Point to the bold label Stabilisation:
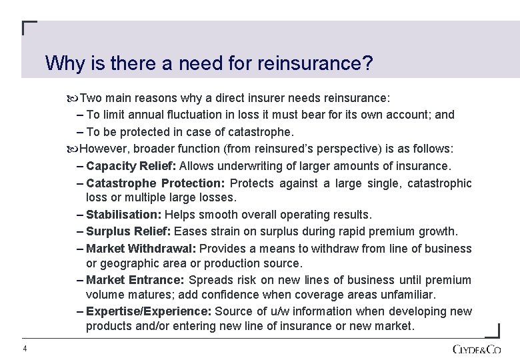pyautogui.click(x=123, y=215)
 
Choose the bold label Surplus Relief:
pyautogui.click(x=129, y=231)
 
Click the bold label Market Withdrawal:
pyautogui.click(x=137, y=249)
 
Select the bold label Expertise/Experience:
pyautogui.click(x=149, y=311)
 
